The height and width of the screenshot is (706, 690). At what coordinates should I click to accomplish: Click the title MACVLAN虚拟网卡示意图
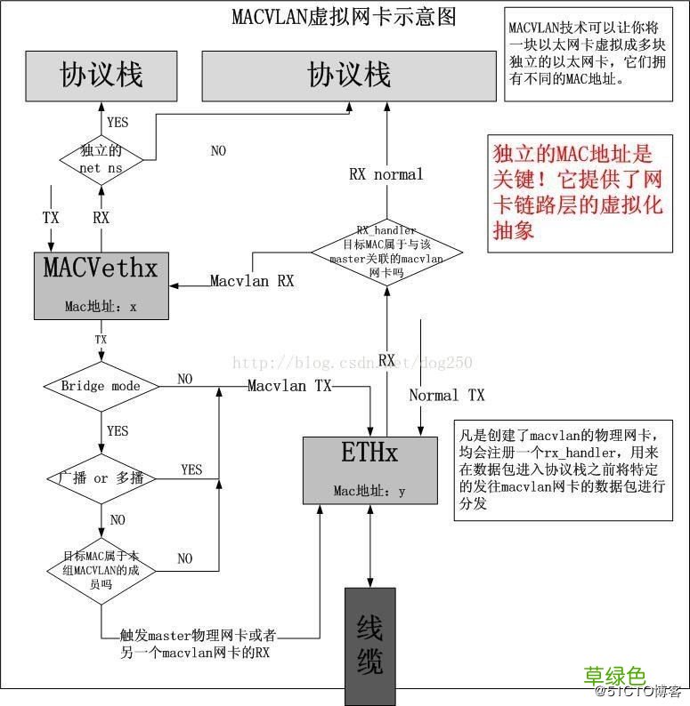coord(344,16)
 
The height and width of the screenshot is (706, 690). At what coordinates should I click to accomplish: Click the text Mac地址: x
coord(101,307)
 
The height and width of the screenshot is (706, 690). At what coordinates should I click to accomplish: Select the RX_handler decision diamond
coord(386,252)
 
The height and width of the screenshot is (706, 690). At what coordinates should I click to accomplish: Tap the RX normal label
coord(386,174)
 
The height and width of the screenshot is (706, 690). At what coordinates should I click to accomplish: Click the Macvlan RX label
coord(252,281)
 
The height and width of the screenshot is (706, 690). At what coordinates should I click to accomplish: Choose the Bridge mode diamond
coord(101,386)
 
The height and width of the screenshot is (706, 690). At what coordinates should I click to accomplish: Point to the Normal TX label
coord(447,395)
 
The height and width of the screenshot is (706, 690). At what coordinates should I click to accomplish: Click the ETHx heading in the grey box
coord(369,454)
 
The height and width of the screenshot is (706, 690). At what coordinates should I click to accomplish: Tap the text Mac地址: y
coord(369,490)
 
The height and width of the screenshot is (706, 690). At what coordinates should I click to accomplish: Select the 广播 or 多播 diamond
coord(101,478)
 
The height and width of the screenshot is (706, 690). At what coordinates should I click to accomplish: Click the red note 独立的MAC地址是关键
coord(578,191)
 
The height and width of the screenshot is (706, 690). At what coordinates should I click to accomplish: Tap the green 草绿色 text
coord(614,677)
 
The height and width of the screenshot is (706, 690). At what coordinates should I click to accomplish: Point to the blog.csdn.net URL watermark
coord(352,362)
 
